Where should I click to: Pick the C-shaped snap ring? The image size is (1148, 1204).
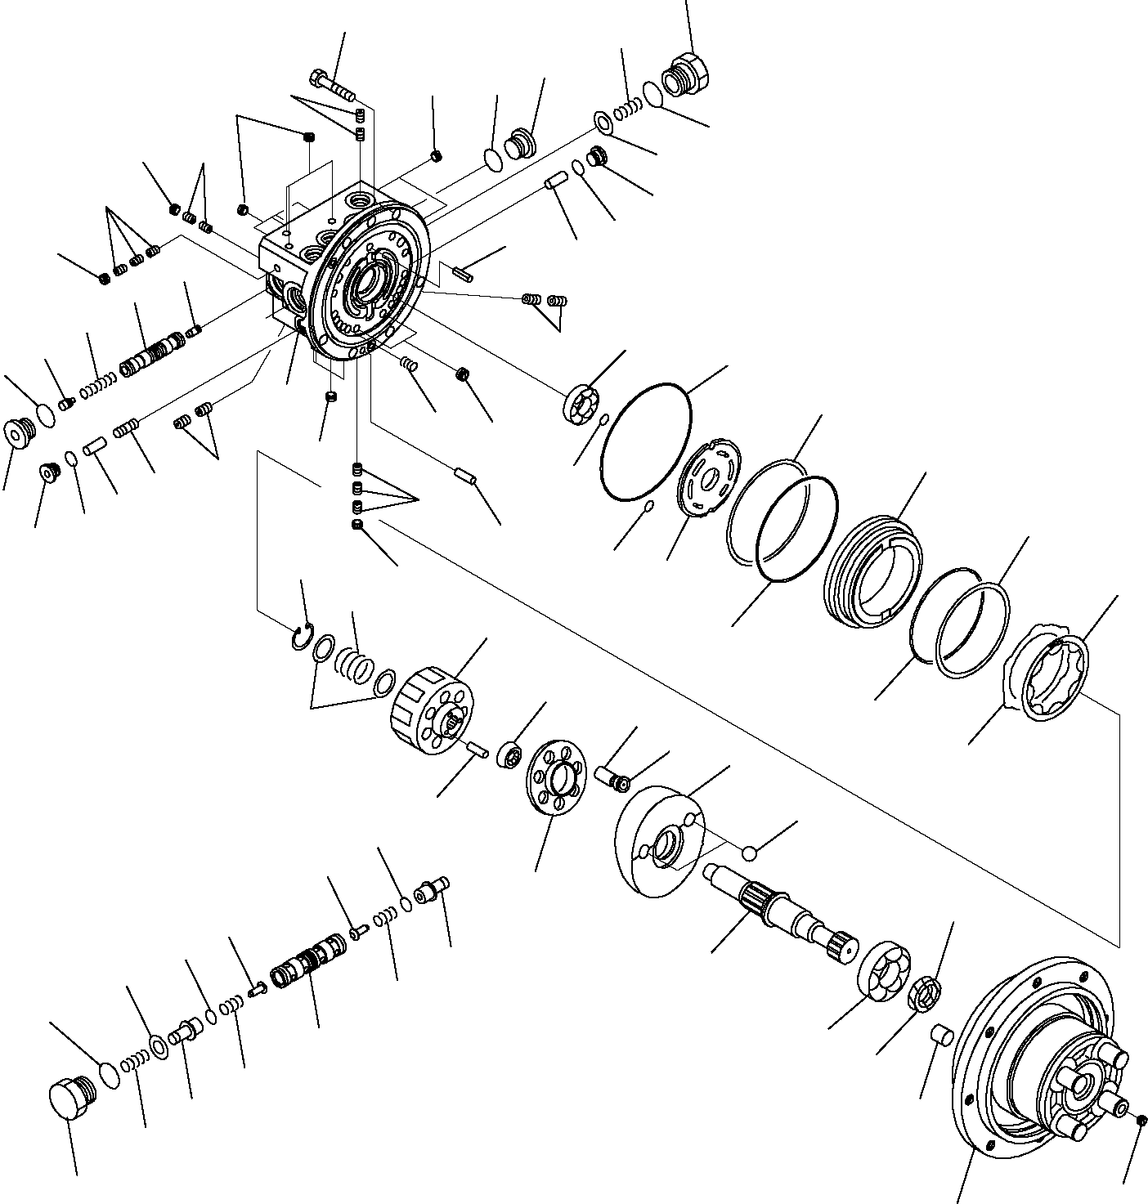tap(301, 637)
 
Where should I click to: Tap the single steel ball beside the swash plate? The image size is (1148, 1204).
tap(749, 853)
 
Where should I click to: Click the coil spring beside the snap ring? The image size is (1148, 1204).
tap(355, 662)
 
